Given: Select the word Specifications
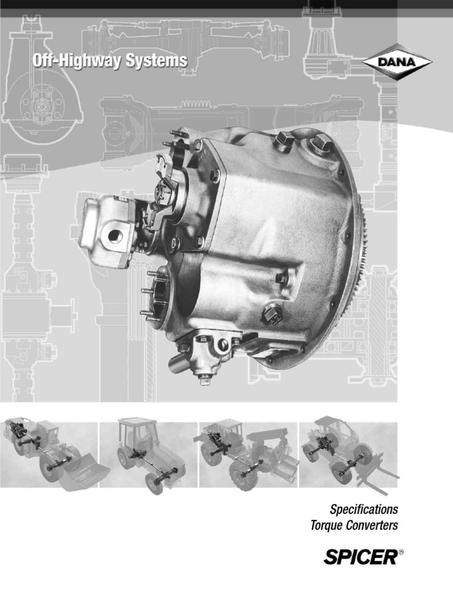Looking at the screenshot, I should (x=364, y=509).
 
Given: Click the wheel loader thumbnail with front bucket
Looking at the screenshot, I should (x=50, y=454).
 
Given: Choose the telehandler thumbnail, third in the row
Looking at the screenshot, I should (x=248, y=454).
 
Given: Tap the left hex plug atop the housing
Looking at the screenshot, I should (x=284, y=142).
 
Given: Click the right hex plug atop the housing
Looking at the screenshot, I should (x=323, y=144).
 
